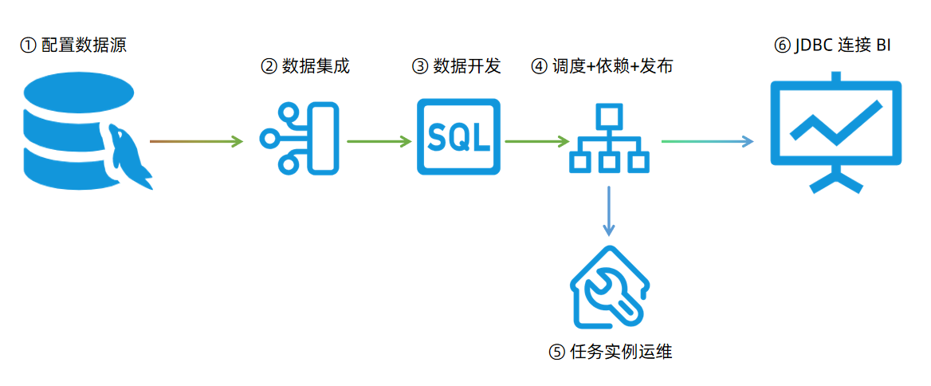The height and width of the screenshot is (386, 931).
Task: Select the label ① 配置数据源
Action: click(73, 45)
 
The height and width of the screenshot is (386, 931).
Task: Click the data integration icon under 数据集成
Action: click(300, 138)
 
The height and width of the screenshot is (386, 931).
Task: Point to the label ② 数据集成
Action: click(305, 66)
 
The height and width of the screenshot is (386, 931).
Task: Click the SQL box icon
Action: click(458, 136)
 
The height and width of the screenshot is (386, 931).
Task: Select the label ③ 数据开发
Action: click(456, 66)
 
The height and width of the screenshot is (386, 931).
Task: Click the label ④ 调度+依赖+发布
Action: click(602, 66)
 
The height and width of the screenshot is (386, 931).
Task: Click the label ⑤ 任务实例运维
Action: click(611, 351)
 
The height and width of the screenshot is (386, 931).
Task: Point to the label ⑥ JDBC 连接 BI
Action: click(832, 45)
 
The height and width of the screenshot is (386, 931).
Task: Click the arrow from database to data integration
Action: click(196, 142)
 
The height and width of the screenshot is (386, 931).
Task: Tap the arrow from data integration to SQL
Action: click(379, 142)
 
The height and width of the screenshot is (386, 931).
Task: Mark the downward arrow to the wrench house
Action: click(609, 211)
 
